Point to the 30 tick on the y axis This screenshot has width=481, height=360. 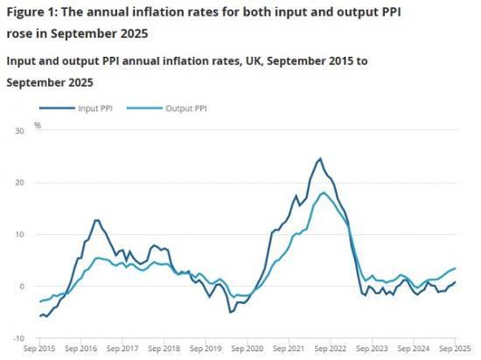[x=20, y=131]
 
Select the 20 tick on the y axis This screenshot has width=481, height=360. [x=20, y=183]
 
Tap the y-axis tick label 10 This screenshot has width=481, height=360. [x=20, y=234]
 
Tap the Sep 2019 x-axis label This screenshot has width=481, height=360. [x=206, y=349]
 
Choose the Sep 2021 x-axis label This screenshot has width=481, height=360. [x=289, y=349]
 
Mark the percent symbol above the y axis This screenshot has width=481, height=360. [x=38, y=125]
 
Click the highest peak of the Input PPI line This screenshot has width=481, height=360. [x=320, y=159]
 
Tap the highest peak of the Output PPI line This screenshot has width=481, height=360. [x=324, y=192]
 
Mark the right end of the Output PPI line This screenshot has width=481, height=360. [x=456, y=268]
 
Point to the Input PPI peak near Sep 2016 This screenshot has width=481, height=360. [x=96, y=220]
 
